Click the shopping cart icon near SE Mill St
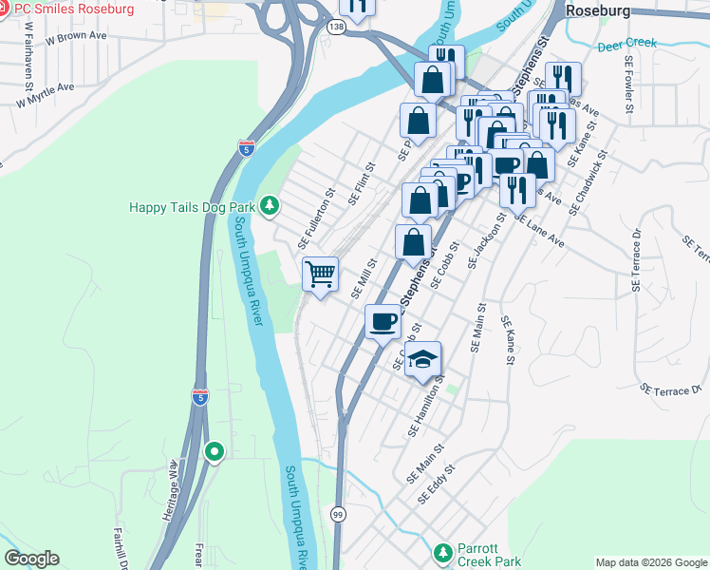(x=321, y=275)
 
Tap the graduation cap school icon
(x=423, y=359)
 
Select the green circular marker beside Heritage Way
(x=215, y=453)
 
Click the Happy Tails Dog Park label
(x=196, y=206)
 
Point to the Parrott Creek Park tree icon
(x=442, y=552)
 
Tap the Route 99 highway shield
(x=338, y=514)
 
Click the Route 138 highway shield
(x=336, y=28)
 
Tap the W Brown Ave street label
(x=75, y=37)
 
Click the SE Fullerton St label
(x=317, y=218)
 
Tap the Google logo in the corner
(x=32, y=559)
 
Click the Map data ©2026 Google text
(x=650, y=561)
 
